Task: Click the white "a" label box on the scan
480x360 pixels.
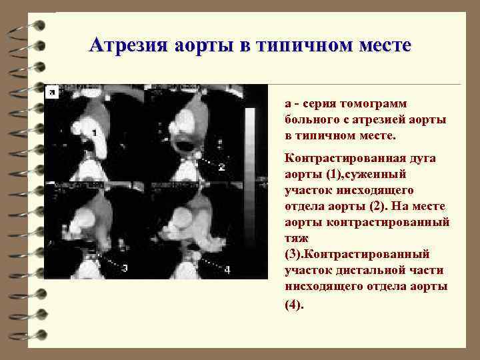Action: pos(50,93)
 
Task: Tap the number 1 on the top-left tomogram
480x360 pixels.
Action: pos(94,133)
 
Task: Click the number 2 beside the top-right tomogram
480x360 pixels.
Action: pos(221,167)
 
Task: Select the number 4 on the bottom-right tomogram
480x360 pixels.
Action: pos(227,269)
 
